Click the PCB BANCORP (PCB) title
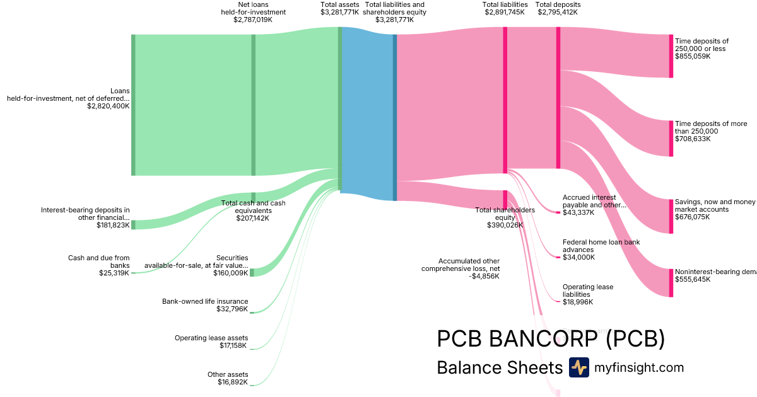(551, 339)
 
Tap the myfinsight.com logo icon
(578, 367)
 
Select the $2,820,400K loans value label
(109, 106)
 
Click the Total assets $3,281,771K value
(339, 12)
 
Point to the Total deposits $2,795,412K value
(558, 12)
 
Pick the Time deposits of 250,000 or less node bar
(671, 56)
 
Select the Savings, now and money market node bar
(671, 216)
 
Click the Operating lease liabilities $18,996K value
(578, 302)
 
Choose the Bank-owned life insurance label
(205, 301)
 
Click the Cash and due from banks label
(98, 262)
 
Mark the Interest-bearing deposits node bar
(133, 225)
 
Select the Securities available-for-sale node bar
(252, 272)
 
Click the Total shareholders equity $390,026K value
(505, 225)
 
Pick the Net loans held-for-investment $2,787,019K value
(253, 20)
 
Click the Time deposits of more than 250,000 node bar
(671, 138)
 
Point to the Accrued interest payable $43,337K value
(578, 213)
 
